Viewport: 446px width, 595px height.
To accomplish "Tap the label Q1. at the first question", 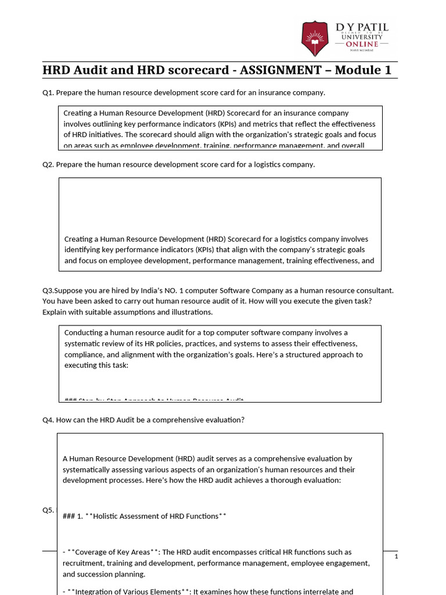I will point(48,93).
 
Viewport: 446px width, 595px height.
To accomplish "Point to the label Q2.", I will point(48,164).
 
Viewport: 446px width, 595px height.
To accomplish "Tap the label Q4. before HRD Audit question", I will point(48,420).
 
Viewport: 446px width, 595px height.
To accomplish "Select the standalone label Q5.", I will point(48,510).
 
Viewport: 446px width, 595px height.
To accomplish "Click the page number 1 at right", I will point(396,557).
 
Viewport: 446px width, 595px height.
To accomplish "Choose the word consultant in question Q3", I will point(375,290).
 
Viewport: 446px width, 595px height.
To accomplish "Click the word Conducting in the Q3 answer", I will point(84,333).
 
